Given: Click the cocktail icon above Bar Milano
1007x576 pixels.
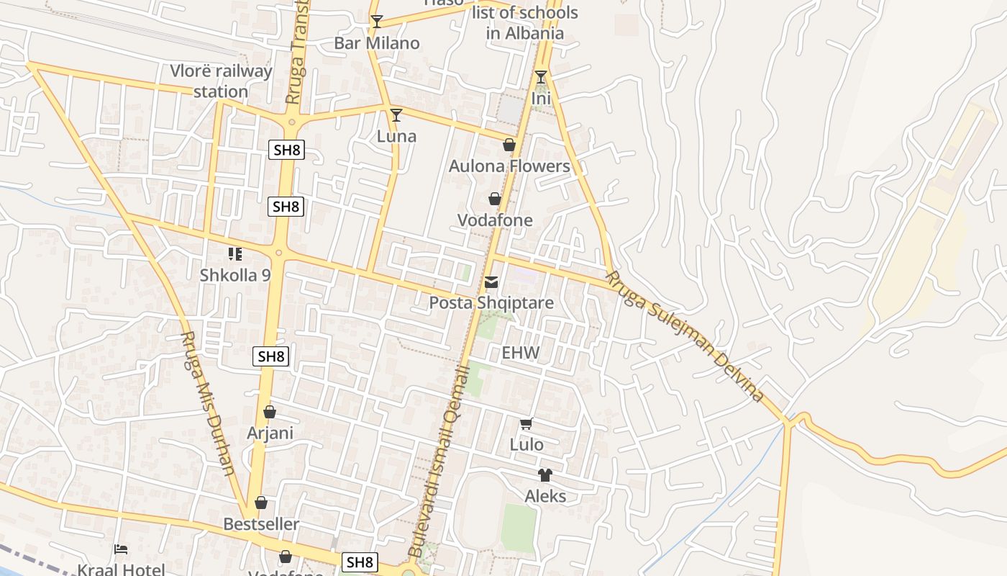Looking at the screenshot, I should [x=376, y=22].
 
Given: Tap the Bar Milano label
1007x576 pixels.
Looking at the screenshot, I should [x=376, y=43].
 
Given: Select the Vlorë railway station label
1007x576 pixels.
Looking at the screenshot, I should [x=221, y=81].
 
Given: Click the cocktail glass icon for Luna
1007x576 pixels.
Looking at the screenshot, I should [x=396, y=114].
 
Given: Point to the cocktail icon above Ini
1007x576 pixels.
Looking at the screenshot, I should [x=541, y=76].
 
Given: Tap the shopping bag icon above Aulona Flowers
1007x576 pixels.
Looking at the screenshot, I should [x=509, y=145].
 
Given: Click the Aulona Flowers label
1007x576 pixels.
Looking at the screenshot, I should [x=509, y=166].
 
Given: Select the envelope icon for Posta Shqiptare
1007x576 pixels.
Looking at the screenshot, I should [x=491, y=282].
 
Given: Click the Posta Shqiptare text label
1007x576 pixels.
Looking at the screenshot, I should [x=491, y=303].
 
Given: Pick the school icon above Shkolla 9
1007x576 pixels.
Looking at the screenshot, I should [x=235, y=253].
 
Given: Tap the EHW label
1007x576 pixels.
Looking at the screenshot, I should [x=520, y=353].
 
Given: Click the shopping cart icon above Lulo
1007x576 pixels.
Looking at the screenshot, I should [x=527, y=423].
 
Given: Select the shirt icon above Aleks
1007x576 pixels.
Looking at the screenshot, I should [x=544, y=474].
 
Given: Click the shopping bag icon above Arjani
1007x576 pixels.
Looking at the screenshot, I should [x=270, y=412].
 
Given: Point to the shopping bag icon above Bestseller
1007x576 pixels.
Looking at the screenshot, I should [x=261, y=503].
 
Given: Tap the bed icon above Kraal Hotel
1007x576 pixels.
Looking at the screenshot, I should [x=121, y=549].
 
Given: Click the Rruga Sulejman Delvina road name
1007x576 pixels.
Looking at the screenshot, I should [x=684, y=336].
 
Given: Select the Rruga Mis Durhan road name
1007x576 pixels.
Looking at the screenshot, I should [x=207, y=403].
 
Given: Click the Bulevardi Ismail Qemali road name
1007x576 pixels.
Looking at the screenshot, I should [x=439, y=461].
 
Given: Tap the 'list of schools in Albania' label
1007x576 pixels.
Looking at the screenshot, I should [x=524, y=23].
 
